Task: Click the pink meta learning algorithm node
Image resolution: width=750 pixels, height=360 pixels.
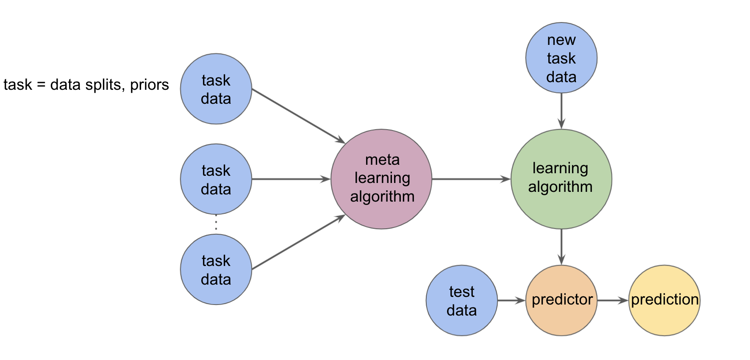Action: (x=381, y=179)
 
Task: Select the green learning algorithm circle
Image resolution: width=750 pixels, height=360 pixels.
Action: (x=561, y=179)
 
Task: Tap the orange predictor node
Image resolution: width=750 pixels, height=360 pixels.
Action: (x=561, y=300)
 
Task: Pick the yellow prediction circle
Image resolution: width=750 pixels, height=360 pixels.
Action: (x=664, y=300)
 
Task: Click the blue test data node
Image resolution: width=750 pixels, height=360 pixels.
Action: (x=461, y=300)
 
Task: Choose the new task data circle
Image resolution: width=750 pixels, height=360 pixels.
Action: (x=561, y=58)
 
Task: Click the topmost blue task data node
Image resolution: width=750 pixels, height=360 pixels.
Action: (x=216, y=89)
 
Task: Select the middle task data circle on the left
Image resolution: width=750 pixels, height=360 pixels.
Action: (x=216, y=179)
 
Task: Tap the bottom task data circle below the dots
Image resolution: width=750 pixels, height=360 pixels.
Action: (x=216, y=269)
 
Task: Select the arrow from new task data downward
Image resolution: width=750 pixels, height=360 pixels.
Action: (x=561, y=111)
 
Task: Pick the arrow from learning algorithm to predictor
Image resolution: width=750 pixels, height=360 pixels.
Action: (x=561, y=247)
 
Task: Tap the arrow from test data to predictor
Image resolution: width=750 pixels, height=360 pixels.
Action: (x=511, y=301)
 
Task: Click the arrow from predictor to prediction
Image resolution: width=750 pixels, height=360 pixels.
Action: (x=612, y=301)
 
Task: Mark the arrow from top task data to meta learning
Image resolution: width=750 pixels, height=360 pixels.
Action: (x=298, y=116)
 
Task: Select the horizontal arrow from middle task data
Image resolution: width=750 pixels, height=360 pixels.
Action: (x=291, y=179)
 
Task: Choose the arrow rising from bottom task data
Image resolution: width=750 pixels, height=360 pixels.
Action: (x=298, y=242)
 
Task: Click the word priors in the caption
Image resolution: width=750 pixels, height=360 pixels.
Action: (x=149, y=85)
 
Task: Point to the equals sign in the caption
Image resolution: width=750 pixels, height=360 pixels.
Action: (x=41, y=85)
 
